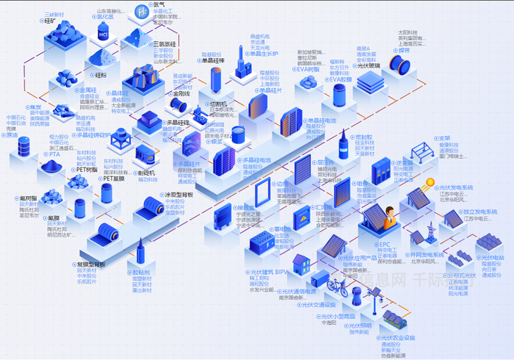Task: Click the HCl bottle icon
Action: click(104, 30)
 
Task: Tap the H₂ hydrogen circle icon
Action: click(141, 11)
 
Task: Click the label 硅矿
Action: click(52, 22)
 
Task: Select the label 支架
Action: click(444, 137)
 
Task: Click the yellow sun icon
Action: click(430, 182)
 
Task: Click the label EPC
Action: click(384, 243)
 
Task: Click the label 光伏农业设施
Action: click(397, 338)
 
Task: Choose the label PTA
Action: click(54, 154)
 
